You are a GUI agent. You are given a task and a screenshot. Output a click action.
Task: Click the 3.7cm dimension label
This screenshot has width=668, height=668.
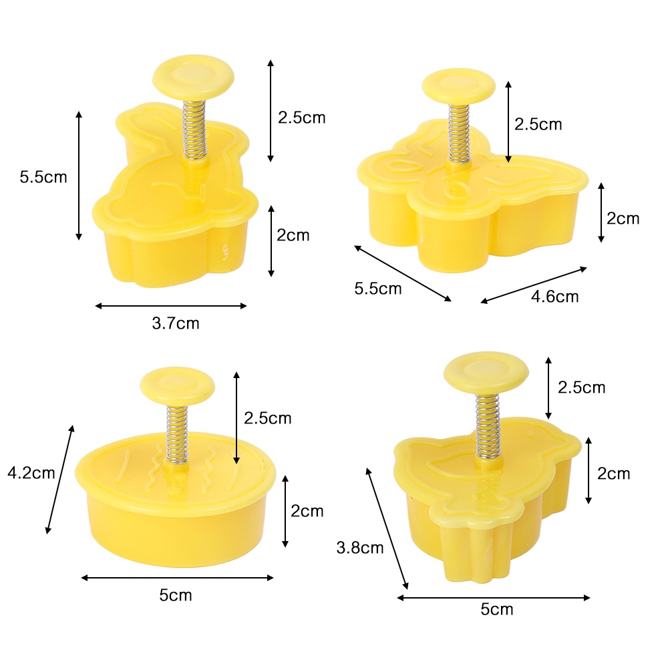(176, 323)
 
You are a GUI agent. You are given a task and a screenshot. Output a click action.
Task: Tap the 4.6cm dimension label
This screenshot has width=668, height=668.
(554, 297)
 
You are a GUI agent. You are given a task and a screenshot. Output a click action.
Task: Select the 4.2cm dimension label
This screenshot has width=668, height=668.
(31, 473)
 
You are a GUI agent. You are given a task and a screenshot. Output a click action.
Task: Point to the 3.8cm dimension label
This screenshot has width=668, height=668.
(360, 548)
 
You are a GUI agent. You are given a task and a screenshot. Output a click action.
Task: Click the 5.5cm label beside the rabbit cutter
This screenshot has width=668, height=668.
(43, 177)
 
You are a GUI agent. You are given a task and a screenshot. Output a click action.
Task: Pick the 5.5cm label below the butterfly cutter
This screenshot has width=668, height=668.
(378, 289)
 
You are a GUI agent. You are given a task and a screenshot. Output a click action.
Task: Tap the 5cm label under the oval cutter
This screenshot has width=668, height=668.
(176, 595)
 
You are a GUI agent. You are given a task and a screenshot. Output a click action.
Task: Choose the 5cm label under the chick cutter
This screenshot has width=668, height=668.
(497, 609)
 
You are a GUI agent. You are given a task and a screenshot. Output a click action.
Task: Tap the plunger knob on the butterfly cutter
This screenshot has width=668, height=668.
(459, 86)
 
